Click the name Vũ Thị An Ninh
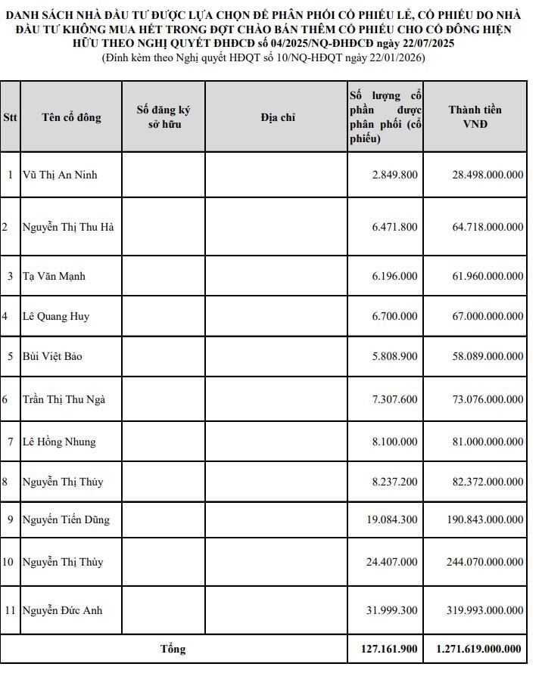[61, 175]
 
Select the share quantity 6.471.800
[394, 226]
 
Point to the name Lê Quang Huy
[56, 316]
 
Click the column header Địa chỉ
[277, 117]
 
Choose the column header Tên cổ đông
[71, 117]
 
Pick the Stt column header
[11, 117]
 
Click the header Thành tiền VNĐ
[475, 117]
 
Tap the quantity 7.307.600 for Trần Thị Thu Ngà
[394, 399]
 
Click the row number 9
[11, 519]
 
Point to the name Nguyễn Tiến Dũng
[66, 519]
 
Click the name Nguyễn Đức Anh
[63, 609]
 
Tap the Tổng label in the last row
[173, 649]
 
